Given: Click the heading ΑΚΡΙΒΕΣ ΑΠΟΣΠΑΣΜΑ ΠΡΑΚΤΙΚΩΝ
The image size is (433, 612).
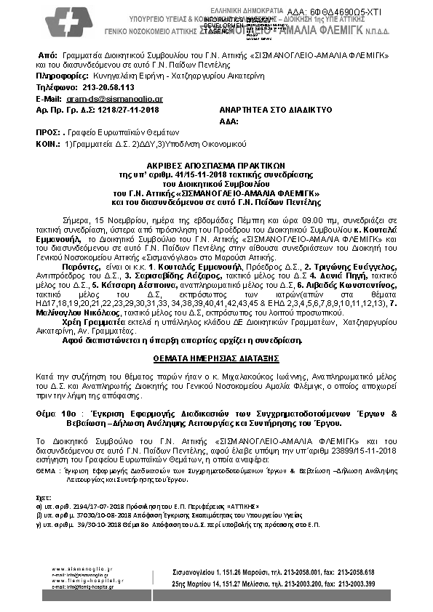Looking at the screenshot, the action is pyautogui.click(x=216, y=165).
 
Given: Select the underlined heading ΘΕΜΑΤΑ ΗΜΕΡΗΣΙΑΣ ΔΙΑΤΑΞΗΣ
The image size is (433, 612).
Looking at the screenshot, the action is pyautogui.click(x=216, y=359).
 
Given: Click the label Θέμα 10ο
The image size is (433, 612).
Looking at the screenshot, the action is pyautogui.click(x=55, y=413).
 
